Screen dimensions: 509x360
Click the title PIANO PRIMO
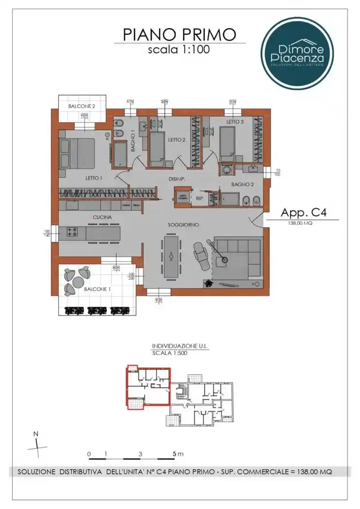click(x=180, y=34)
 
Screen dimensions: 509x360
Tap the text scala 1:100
click(x=180, y=49)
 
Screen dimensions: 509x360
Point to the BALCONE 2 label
click(x=82, y=105)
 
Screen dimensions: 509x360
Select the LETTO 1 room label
click(x=94, y=178)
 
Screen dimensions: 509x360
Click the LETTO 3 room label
click(x=235, y=122)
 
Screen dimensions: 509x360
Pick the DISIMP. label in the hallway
click(x=176, y=179)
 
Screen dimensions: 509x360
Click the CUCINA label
click(x=102, y=218)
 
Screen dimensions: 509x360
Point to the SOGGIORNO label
click(x=183, y=225)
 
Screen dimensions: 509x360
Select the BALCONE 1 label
click(x=96, y=289)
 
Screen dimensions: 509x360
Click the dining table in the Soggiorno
click(x=171, y=255)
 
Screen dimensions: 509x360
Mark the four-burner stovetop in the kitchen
click(x=73, y=232)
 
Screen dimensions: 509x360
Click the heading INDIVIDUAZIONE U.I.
click(x=180, y=346)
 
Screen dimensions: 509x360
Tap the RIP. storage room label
click(x=199, y=198)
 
